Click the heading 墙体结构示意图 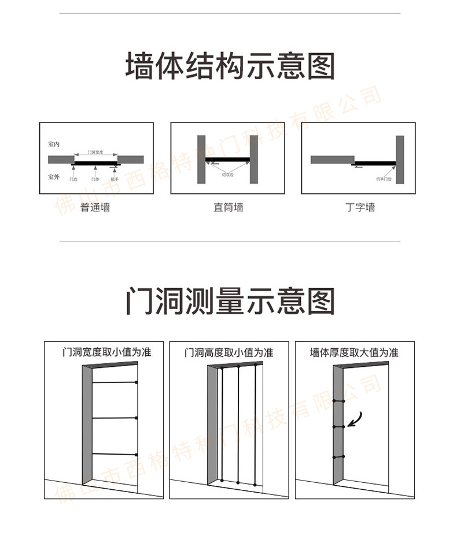(230, 66)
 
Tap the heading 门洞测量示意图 (230, 301)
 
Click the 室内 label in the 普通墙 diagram (54, 143)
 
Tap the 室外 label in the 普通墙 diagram (54, 176)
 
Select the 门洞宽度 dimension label (95, 152)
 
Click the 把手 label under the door (115, 180)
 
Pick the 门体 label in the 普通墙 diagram (95, 180)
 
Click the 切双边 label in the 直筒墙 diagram (227, 174)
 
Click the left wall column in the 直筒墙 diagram (201, 159)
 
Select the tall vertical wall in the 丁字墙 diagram (400, 159)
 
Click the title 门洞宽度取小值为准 (107, 352)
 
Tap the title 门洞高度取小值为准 (228, 352)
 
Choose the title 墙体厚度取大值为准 (354, 352)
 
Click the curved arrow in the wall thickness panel (354, 419)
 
